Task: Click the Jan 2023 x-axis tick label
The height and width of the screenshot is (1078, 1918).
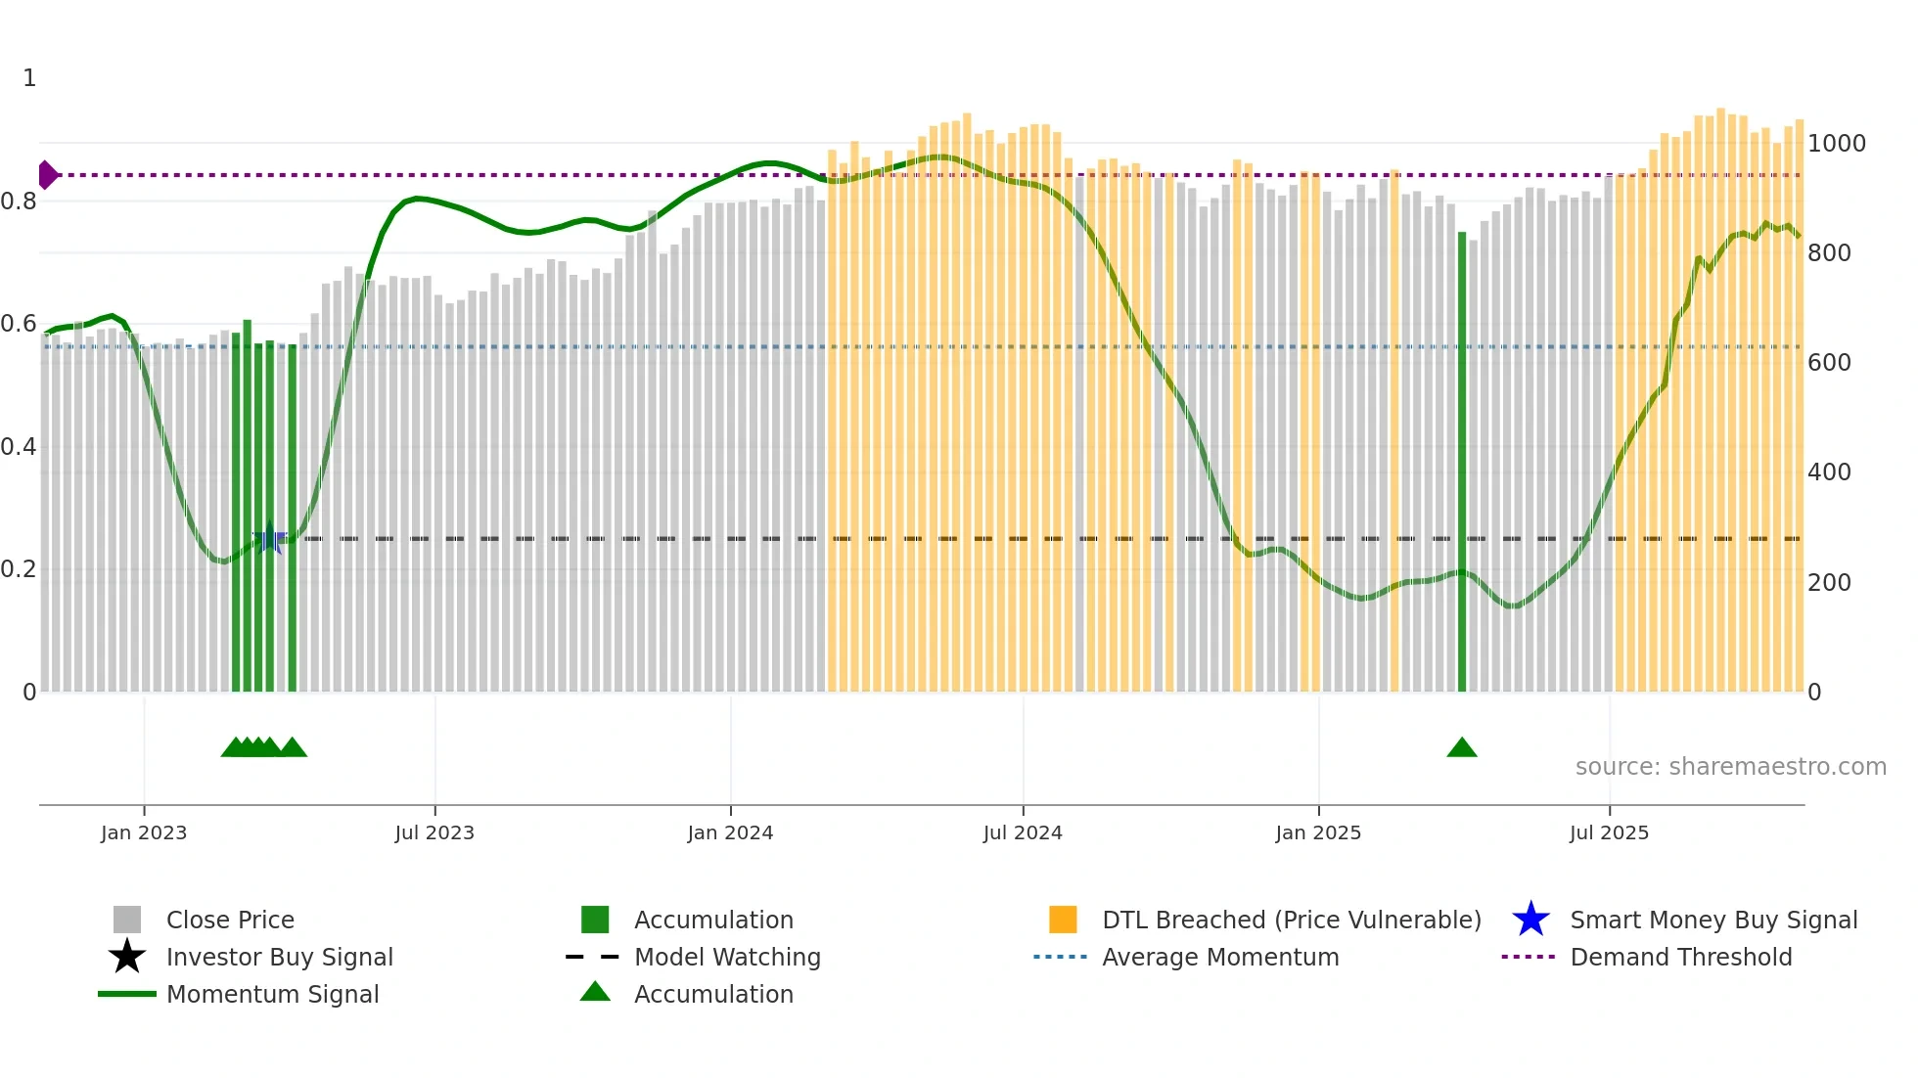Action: [x=144, y=832]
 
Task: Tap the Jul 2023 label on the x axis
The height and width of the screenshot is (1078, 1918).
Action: [x=434, y=832]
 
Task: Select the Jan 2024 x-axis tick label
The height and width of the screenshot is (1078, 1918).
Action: [x=730, y=832]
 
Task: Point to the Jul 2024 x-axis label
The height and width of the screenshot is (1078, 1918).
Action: [x=1023, y=832]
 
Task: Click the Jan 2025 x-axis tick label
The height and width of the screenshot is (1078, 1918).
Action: [x=1318, y=832]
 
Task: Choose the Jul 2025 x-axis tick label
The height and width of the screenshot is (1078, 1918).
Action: [x=1609, y=832]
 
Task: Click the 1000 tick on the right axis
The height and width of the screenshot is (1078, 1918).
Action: [x=1837, y=144]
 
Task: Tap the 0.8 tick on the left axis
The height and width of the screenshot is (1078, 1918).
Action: [x=19, y=202]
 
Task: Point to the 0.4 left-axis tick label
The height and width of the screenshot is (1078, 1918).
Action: [x=19, y=447]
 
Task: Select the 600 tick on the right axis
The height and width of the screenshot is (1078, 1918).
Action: [x=1829, y=363]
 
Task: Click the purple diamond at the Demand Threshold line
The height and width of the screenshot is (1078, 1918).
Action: [x=47, y=175]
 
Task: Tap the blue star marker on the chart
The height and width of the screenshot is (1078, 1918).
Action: [x=269, y=538]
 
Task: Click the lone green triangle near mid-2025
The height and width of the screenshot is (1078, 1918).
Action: [x=1462, y=748]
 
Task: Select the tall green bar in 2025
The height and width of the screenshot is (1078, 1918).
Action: [x=1462, y=460]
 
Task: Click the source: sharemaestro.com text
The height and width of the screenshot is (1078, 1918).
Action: [x=1730, y=767]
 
